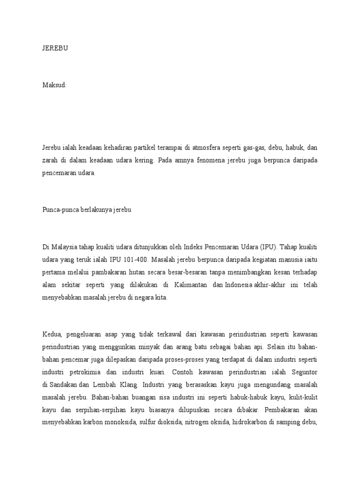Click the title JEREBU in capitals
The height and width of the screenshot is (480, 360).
[55, 48]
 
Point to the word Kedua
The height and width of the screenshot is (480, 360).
[52, 334]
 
